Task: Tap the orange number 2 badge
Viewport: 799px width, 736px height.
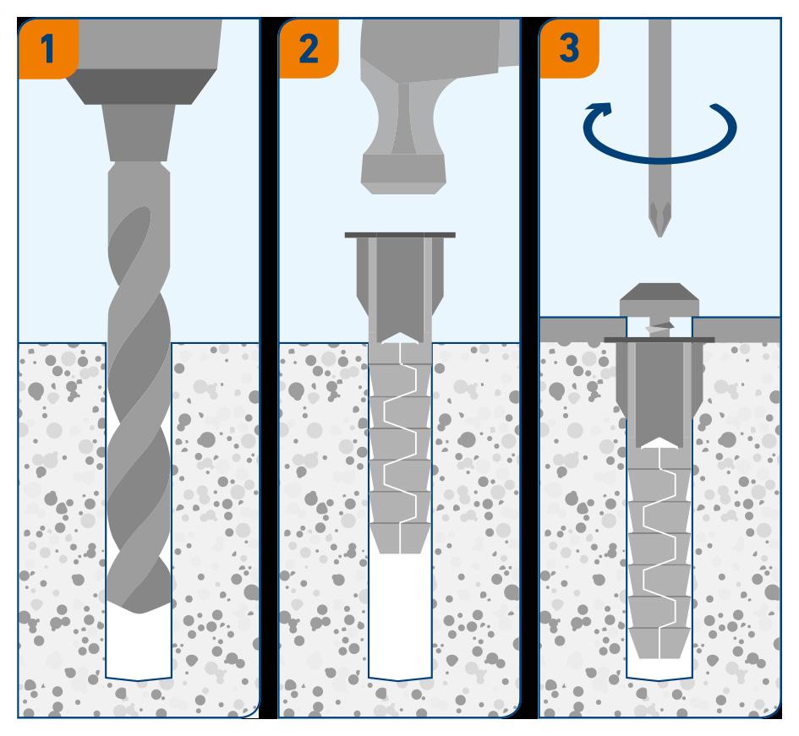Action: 309,48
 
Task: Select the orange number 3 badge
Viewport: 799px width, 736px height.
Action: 569,48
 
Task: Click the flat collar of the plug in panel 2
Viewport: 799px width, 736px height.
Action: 400,234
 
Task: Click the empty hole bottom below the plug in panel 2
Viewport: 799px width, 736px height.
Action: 400,625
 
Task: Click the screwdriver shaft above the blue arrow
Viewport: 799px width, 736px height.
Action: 660,51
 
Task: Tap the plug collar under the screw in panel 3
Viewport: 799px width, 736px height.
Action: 659,340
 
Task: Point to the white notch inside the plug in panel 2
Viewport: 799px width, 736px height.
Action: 400,337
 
